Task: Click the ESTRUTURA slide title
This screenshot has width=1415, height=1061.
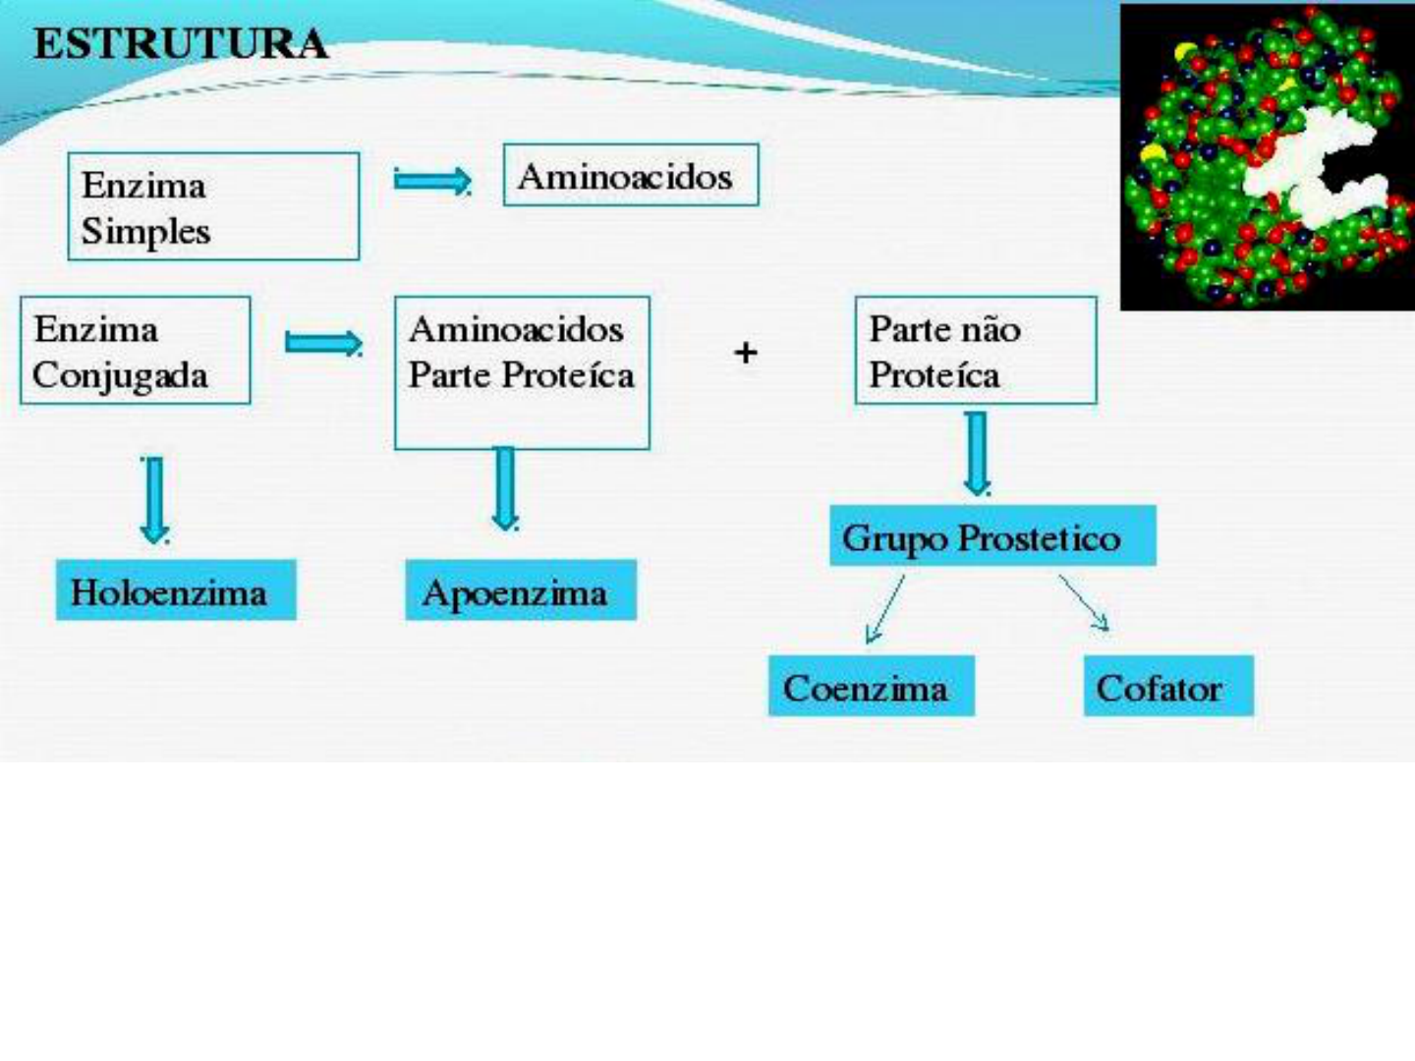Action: [181, 45]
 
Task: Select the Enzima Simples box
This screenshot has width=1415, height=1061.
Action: [213, 206]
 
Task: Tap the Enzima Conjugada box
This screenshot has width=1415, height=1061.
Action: [136, 351]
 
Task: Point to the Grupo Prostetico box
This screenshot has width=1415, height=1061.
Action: [992, 536]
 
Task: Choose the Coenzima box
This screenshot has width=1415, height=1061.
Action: [871, 687]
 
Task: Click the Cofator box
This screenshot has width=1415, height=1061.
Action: [1167, 687]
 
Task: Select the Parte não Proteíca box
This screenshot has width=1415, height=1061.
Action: [975, 351]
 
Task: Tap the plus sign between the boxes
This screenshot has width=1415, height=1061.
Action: [746, 352]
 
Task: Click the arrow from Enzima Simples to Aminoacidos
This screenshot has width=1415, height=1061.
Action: [431, 181]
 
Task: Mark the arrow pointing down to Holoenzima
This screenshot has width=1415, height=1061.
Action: [154, 500]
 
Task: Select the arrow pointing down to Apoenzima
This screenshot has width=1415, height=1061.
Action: [505, 488]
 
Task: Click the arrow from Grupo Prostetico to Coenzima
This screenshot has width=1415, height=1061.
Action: [884, 609]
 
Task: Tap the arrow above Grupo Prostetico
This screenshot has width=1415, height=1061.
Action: [977, 453]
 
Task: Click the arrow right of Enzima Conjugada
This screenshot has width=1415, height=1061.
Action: [323, 343]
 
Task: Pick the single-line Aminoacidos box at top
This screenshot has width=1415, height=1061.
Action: [630, 176]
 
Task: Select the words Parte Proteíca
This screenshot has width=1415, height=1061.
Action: [521, 375]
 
